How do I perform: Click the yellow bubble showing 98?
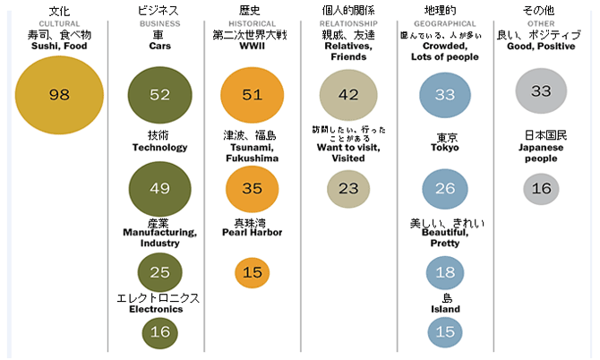(x=59, y=95)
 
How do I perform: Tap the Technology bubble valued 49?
(x=160, y=188)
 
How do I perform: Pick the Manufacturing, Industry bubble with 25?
(x=160, y=271)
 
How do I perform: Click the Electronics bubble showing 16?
(x=160, y=332)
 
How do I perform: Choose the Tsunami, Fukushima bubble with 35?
(x=252, y=188)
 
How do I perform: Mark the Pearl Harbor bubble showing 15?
(x=252, y=271)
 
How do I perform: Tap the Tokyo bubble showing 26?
(x=445, y=188)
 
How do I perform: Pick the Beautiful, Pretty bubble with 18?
(x=445, y=271)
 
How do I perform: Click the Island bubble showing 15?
(x=445, y=332)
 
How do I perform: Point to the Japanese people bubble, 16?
(x=541, y=188)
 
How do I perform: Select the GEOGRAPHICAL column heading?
(x=445, y=23)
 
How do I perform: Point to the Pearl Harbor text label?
(x=252, y=232)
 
